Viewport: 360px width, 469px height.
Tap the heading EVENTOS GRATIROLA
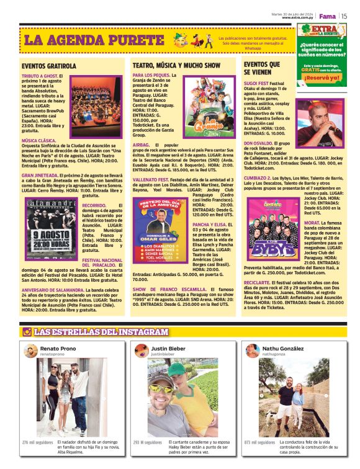tap(48, 66)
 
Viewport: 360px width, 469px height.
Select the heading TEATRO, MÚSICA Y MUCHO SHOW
tap(176, 65)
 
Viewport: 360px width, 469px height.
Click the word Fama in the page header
tap(327, 15)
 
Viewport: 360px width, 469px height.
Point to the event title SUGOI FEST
tap(256, 83)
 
